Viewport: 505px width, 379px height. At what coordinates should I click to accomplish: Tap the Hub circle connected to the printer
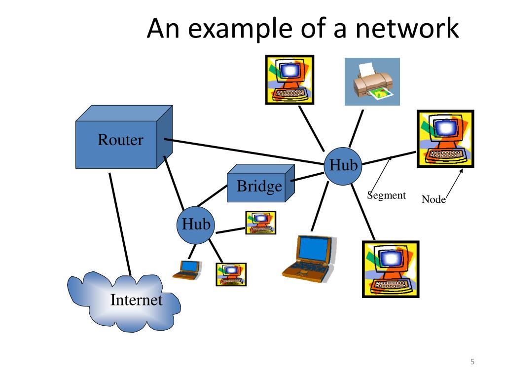point(343,166)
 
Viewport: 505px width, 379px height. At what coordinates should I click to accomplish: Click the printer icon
point(372,82)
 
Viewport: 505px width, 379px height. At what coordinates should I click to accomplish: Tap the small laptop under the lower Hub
point(188,269)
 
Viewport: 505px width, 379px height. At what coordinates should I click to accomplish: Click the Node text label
point(433,200)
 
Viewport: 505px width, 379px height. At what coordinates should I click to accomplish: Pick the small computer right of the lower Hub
point(261,223)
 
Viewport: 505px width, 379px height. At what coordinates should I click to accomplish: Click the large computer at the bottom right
point(391,269)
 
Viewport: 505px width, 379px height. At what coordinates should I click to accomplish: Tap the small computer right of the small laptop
point(231,274)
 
